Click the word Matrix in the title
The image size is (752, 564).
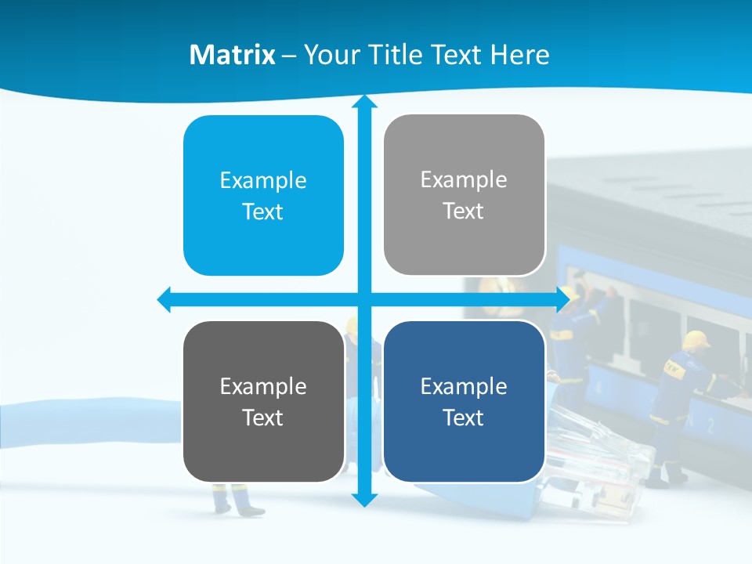click(x=232, y=55)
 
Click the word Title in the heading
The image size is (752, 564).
click(x=398, y=55)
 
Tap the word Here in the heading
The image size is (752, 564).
click(x=519, y=55)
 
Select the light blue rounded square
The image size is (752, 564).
click(x=263, y=196)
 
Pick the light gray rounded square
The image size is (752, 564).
click(x=464, y=195)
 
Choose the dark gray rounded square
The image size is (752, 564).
click(x=263, y=402)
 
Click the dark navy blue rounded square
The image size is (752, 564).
click(x=464, y=402)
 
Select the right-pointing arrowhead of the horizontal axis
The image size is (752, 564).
click(x=562, y=299)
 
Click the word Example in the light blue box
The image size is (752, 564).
click(x=263, y=181)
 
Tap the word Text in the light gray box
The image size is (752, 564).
click(x=464, y=211)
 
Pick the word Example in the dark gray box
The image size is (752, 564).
click(x=263, y=387)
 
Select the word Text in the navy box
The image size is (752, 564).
click(x=464, y=418)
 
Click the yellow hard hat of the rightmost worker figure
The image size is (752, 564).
click(x=695, y=341)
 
